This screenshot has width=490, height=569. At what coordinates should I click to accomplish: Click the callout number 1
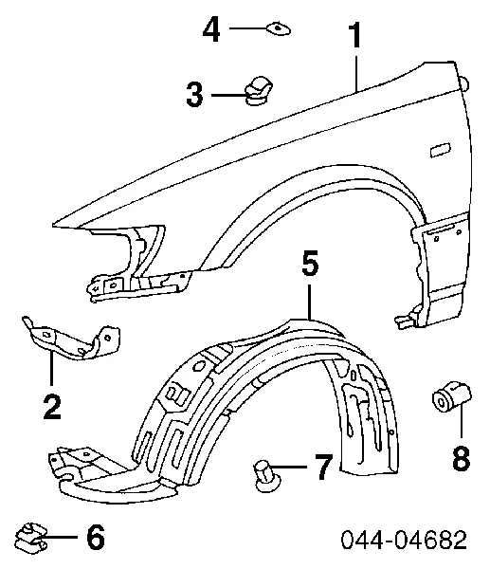pos(356,35)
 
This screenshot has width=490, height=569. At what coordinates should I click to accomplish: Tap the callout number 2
pos(52,407)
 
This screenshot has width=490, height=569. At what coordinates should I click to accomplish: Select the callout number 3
pos(194,94)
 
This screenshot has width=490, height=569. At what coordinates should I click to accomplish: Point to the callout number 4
pos(211,29)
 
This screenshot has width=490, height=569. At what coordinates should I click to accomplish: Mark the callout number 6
pos(96,537)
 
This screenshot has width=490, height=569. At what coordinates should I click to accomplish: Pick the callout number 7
pos(323,467)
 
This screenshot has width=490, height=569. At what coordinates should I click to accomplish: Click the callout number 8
pos(462,458)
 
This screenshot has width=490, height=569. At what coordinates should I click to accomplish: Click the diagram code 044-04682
pos(404,540)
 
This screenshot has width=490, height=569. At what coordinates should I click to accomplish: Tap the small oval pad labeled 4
pos(279,28)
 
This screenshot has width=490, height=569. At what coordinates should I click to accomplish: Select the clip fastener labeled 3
pos(259,90)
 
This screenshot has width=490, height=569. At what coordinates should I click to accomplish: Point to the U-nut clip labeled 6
pos(31,538)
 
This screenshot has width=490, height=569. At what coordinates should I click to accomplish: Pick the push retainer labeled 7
pos(267,475)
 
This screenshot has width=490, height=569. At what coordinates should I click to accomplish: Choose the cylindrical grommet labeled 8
pos(452,396)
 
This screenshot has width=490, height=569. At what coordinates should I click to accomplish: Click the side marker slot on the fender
pos(440,150)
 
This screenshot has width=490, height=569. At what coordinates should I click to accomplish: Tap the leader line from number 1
pos(357,73)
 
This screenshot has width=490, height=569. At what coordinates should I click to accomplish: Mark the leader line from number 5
pos(309,302)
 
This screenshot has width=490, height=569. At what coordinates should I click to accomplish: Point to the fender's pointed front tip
pos(53,226)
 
